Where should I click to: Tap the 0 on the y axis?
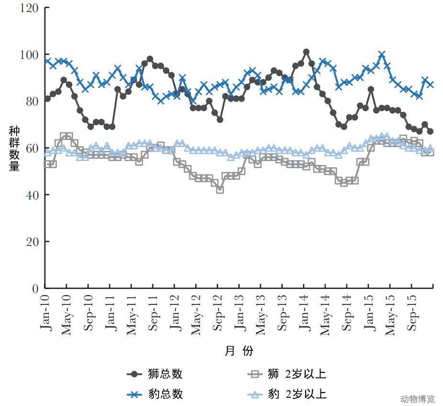point(34,289)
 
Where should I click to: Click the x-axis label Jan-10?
point(45,312)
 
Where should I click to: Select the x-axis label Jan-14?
point(304,312)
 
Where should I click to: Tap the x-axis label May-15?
point(390,313)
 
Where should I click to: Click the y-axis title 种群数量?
point(14,149)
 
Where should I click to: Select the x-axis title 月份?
point(239,351)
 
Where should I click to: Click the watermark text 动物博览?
point(417,399)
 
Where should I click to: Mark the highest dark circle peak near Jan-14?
point(306,52)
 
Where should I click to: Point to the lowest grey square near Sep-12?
point(220,190)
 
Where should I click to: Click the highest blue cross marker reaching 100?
point(382,55)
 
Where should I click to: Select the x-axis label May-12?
point(197,313)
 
